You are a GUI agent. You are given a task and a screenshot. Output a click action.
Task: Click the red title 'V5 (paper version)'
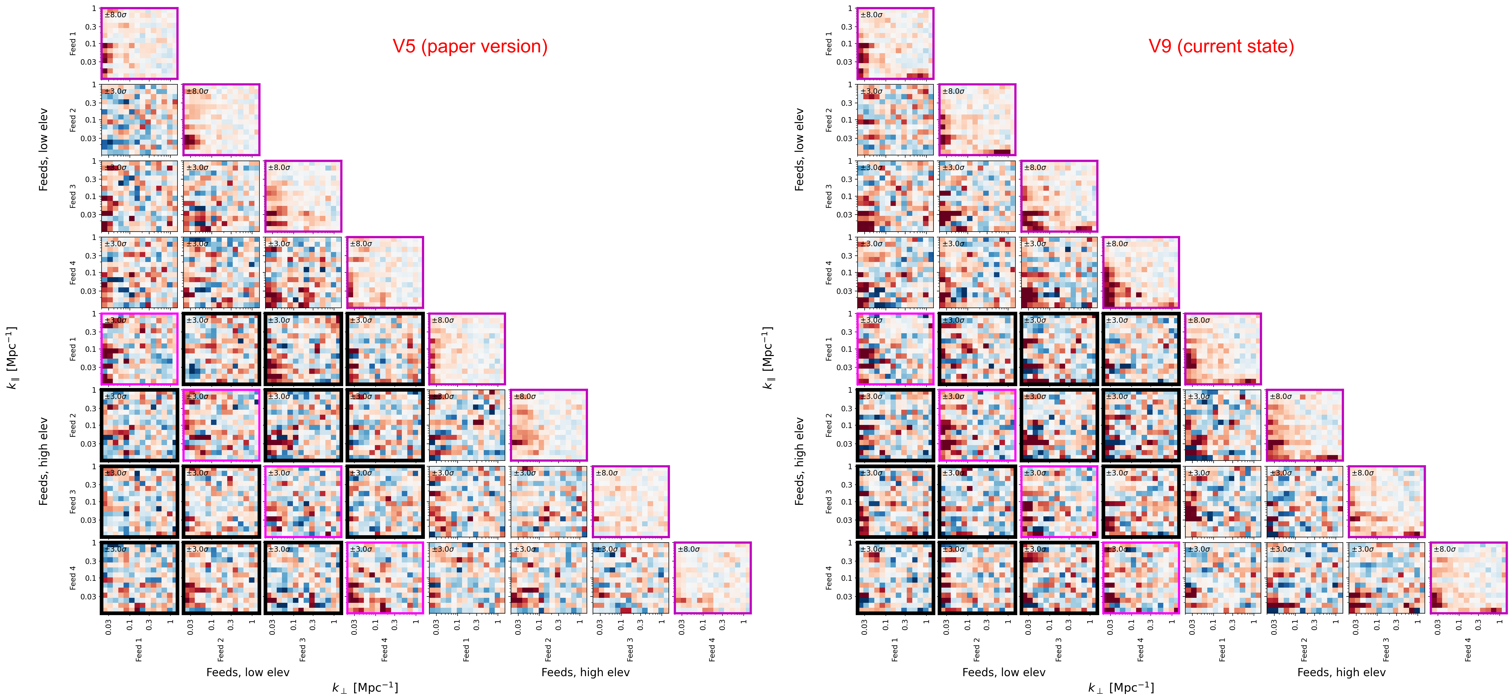point(470,46)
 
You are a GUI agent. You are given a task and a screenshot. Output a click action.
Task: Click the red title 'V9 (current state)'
point(1221,46)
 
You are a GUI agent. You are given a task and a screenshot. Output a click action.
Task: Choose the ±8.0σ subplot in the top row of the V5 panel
point(139,43)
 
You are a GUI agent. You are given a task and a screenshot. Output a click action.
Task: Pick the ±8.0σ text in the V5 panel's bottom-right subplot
point(688,549)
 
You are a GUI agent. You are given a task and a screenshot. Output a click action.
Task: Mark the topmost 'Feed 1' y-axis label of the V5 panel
point(73,43)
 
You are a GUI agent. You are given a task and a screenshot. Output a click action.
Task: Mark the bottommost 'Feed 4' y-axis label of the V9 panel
point(829,578)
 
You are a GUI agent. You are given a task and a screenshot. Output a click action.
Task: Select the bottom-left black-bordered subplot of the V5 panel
point(139,578)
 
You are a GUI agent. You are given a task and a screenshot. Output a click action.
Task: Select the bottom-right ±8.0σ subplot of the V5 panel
point(712,578)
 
